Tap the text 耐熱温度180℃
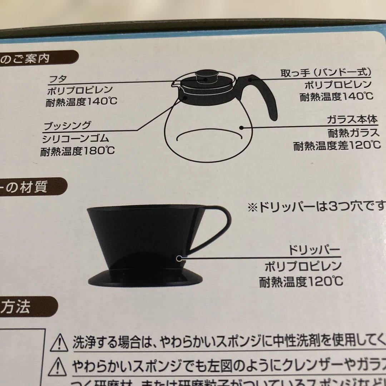tap(78, 150)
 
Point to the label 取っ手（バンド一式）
tap(326, 73)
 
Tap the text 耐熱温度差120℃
tap(337, 145)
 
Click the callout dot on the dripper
tap(179, 257)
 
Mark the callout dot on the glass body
tap(241, 127)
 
